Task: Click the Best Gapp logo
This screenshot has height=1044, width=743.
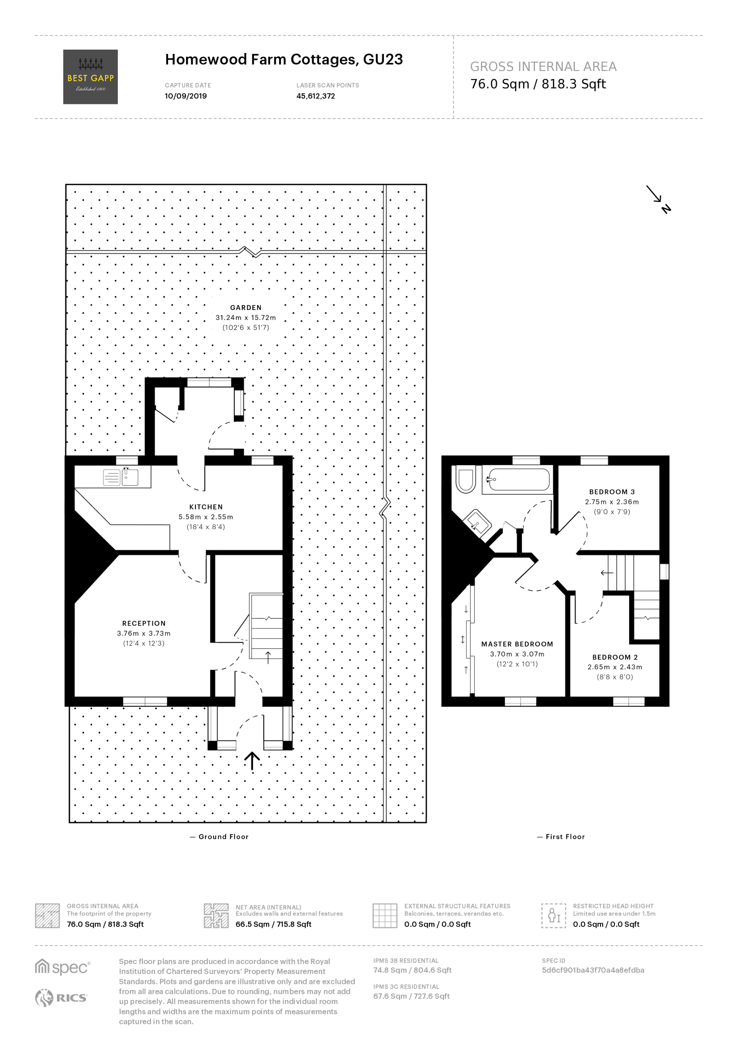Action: pyautogui.click(x=90, y=77)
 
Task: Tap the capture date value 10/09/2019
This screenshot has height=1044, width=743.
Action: pyautogui.click(x=186, y=96)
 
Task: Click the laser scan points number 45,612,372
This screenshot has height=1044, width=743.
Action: pyautogui.click(x=316, y=96)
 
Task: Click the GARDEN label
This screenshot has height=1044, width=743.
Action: pyautogui.click(x=246, y=308)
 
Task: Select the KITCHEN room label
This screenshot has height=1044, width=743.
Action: pyautogui.click(x=206, y=507)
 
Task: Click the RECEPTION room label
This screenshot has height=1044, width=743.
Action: pyautogui.click(x=144, y=623)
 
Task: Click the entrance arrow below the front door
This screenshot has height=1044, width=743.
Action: pyautogui.click(x=252, y=761)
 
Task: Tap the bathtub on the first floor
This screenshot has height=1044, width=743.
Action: pyautogui.click(x=517, y=480)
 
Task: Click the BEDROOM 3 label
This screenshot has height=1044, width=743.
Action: pyautogui.click(x=612, y=491)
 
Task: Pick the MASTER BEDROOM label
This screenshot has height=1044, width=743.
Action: pyautogui.click(x=517, y=644)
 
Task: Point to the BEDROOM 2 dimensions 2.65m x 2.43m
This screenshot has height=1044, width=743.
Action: pyautogui.click(x=614, y=667)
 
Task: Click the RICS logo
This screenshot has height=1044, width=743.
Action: pyautogui.click(x=61, y=998)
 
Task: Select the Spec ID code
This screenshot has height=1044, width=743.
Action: pyautogui.click(x=593, y=970)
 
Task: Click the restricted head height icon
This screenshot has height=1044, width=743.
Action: pyautogui.click(x=554, y=916)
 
